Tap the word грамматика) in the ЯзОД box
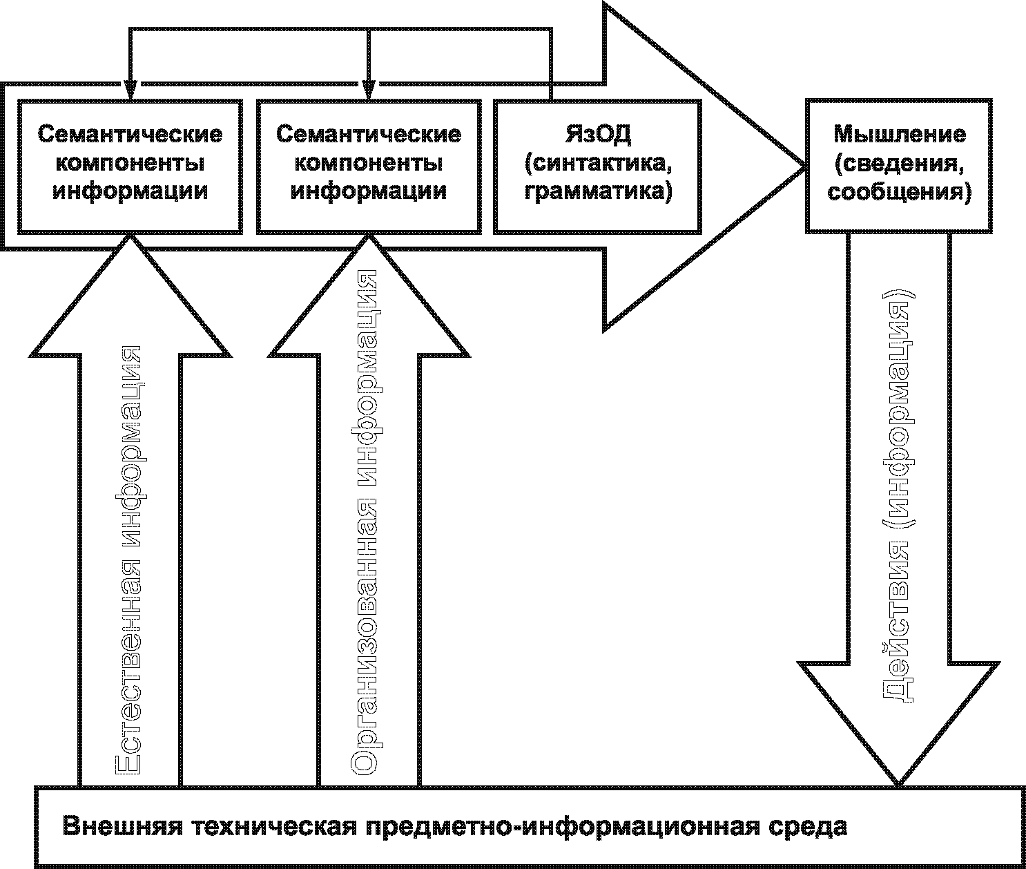pyautogui.click(x=598, y=191)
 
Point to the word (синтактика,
pyautogui.click(x=598, y=162)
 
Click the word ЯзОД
pyautogui.click(x=598, y=133)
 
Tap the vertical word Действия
pyautogui.click(x=898, y=622)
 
